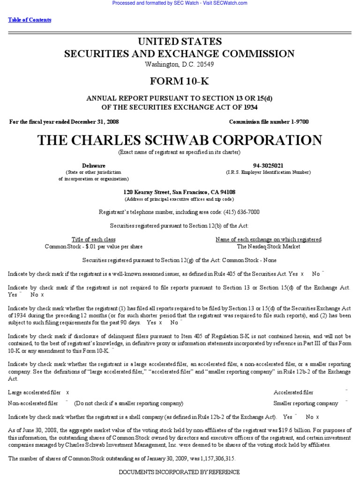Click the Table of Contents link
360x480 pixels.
point(30,20)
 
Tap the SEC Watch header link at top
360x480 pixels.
point(180,3)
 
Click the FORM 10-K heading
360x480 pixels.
point(180,81)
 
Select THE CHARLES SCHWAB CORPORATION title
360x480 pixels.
point(180,140)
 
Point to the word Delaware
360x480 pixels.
point(94,165)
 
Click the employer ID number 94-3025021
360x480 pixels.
point(268,165)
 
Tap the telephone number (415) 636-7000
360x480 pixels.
point(238,212)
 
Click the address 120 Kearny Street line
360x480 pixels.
point(180,192)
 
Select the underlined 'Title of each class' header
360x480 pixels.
point(94,240)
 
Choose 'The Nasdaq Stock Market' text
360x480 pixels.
point(269,247)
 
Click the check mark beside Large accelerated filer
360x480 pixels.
point(67,392)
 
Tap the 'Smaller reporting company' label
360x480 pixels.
point(306,403)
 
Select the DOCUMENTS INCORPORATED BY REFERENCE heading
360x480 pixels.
point(180,472)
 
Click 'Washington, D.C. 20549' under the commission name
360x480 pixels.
point(180,64)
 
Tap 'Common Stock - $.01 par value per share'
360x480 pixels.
point(94,247)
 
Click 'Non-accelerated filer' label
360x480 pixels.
point(33,403)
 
